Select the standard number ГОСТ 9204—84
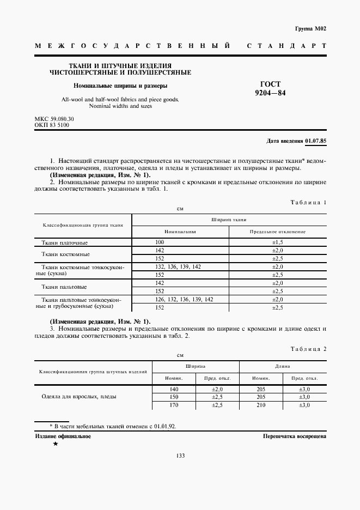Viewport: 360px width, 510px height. (x=270, y=88)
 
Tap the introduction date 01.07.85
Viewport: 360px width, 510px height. (x=316, y=141)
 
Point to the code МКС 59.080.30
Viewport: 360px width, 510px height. (x=54, y=119)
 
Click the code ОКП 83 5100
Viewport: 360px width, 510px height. (x=52, y=125)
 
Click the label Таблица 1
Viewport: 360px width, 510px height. (x=308, y=202)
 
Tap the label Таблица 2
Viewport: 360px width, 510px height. (x=308, y=348)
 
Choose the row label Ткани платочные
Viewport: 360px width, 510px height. (x=65, y=242)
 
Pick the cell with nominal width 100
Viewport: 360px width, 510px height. (x=160, y=241)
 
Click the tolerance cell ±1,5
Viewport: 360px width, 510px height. (x=277, y=241)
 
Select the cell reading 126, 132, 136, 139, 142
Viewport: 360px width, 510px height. (x=184, y=300)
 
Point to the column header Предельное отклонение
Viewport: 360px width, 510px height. (x=277, y=232)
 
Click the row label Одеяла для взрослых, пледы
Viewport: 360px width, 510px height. (x=79, y=397)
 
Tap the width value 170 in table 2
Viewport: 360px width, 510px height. (x=175, y=405)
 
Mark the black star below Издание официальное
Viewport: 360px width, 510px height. (x=56, y=444)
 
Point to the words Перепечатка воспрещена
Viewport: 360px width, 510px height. (x=294, y=436)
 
